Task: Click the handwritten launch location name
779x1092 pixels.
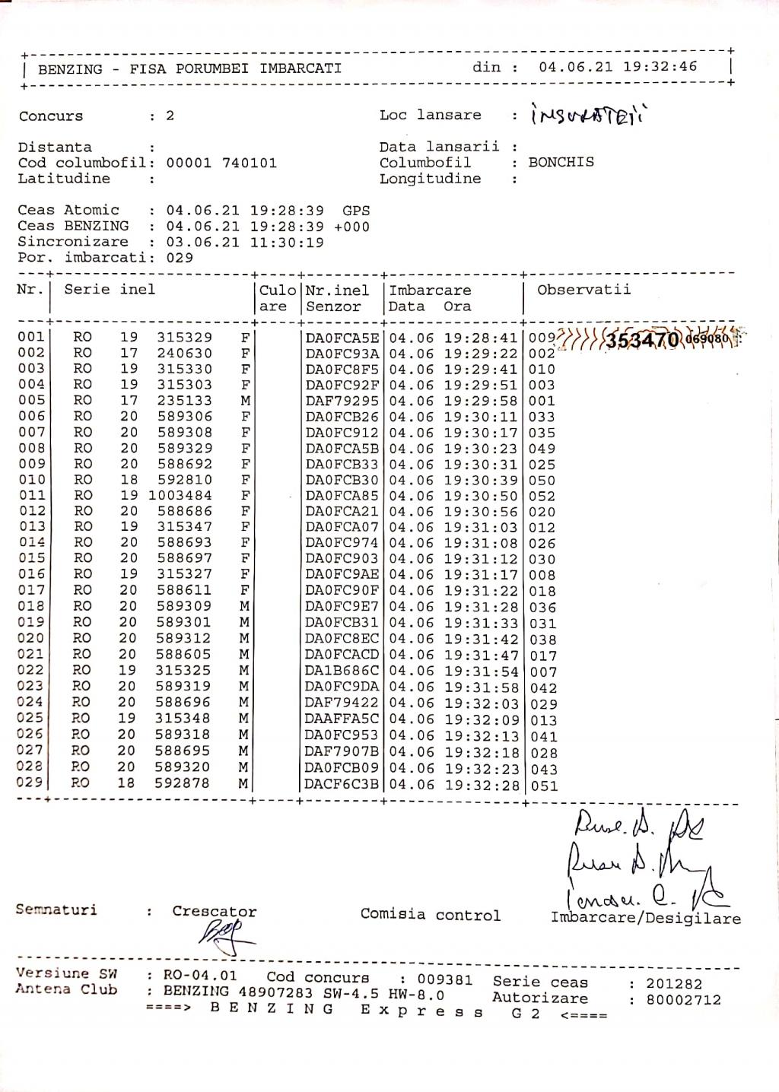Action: pyautogui.click(x=585, y=116)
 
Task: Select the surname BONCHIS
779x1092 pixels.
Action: pyautogui.click(x=561, y=162)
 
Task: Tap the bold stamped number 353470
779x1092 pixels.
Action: pyautogui.click(x=641, y=340)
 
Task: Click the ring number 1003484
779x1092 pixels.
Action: pyautogui.click(x=180, y=496)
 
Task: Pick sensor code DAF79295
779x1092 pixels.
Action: pyautogui.click(x=342, y=401)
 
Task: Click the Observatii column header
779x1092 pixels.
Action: pyautogui.click(x=583, y=290)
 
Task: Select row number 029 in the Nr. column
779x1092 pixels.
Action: pyautogui.click(x=31, y=782)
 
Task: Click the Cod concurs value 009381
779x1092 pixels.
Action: pyautogui.click(x=445, y=979)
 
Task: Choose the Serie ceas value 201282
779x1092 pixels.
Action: pyautogui.click(x=674, y=984)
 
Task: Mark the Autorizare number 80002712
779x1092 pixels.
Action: pyautogui.click(x=683, y=1000)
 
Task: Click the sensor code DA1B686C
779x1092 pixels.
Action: pyautogui.click(x=342, y=671)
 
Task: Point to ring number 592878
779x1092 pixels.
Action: pyautogui.click(x=181, y=782)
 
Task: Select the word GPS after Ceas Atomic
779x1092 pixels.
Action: pyautogui.click(x=356, y=210)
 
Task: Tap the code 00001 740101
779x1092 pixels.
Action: pyautogui.click(x=221, y=163)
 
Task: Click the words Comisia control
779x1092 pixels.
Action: pyautogui.click(x=431, y=915)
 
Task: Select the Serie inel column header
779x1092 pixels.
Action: pyautogui.click(x=110, y=290)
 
